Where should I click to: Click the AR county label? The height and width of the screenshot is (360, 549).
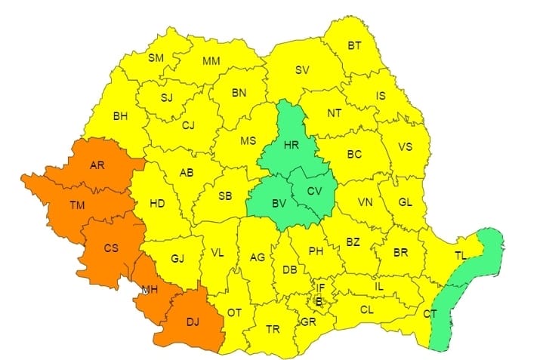[x=97, y=165]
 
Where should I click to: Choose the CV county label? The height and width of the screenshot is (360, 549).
[x=315, y=190]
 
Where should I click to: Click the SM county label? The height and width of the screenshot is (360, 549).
[x=156, y=57]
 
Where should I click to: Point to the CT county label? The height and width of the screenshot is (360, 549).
[x=430, y=313]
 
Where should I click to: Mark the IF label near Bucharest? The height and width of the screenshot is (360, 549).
[x=320, y=287]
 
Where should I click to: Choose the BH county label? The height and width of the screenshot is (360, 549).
[x=120, y=116]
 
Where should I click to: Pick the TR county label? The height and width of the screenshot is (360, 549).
[x=273, y=329]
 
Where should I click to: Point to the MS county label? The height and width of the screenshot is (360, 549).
[x=248, y=141]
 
